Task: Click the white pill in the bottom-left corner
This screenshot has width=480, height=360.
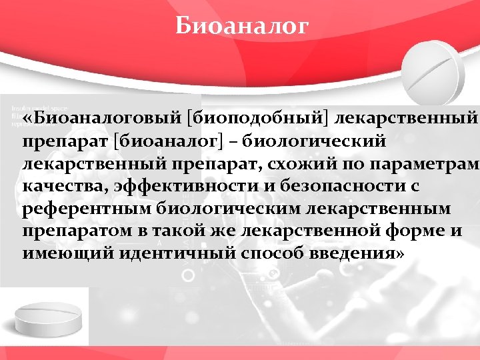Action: coord(48,319)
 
